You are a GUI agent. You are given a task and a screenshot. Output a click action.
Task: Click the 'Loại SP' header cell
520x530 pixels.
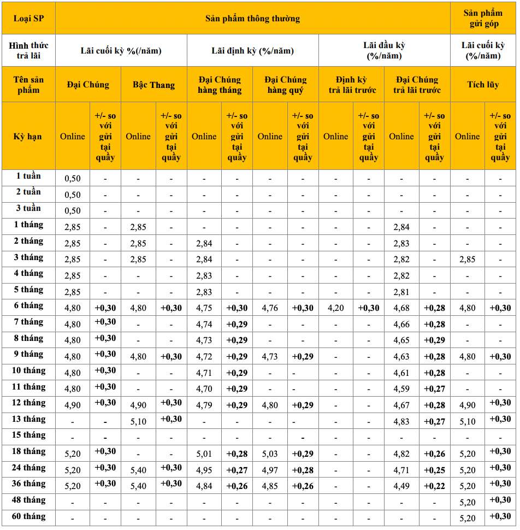pyautogui.click(x=28, y=18)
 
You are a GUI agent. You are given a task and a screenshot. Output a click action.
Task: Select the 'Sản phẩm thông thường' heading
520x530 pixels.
pyautogui.click(x=252, y=18)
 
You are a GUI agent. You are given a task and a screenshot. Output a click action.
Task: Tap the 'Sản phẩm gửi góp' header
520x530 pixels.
pyautogui.click(x=483, y=18)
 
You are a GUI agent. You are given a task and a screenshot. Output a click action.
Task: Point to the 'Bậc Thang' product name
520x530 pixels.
pyautogui.click(x=153, y=85)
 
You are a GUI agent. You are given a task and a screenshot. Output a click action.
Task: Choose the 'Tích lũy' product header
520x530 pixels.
pyautogui.click(x=483, y=85)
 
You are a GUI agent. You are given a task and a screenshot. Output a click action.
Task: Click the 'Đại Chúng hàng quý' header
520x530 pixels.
pyautogui.click(x=285, y=85)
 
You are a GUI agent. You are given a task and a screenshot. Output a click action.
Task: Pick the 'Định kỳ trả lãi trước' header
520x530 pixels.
pyautogui.click(x=352, y=85)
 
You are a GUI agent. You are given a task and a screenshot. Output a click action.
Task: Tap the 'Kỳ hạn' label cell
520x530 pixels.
pyautogui.click(x=28, y=136)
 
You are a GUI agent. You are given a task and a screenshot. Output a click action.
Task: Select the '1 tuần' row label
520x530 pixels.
pyautogui.click(x=28, y=176)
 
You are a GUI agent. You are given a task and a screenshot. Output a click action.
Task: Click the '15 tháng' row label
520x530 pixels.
pyautogui.click(x=28, y=435)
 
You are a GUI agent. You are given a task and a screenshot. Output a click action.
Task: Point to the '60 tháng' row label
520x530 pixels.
pyautogui.click(x=28, y=516)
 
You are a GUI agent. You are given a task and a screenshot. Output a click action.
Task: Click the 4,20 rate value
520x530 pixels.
pyautogui.click(x=335, y=308)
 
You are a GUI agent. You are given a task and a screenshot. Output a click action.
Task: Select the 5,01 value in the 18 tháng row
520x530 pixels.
pyautogui.click(x=204, y=454)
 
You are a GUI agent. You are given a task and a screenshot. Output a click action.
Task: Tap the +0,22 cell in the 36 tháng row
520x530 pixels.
pyautogui.click(x=434, y=486)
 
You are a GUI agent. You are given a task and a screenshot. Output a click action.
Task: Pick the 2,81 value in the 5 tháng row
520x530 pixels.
pyautogui.click(x=401, y=292)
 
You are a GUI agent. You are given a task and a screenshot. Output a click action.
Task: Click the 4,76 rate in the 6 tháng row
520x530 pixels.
pyautogui.click(x=270, y=308)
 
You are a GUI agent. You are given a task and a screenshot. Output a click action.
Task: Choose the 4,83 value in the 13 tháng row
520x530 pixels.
pyautogui.click(x=401, y=422)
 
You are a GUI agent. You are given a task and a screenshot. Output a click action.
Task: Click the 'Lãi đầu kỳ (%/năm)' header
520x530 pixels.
pyautogui.click(x=384, y=50)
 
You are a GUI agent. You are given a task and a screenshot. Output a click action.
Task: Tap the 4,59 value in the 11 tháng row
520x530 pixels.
pyautogui.click(x=401, y=389)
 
